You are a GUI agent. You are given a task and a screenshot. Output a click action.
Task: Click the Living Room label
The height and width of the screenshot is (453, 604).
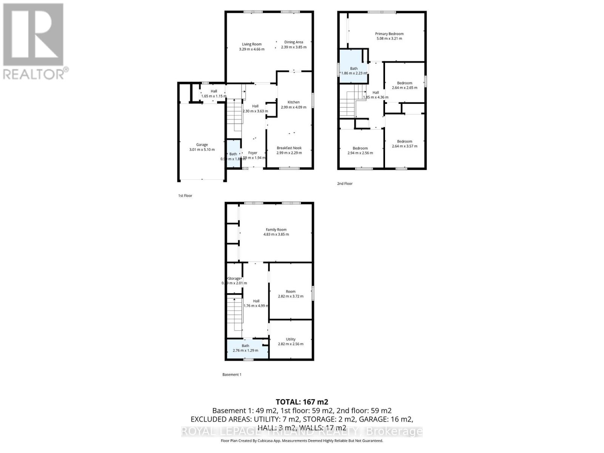pyautogui.click(x=251, y=44)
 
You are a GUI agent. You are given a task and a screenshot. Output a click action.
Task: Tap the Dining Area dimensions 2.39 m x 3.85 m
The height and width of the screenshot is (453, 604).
pyautogui.click(x=294, y=47)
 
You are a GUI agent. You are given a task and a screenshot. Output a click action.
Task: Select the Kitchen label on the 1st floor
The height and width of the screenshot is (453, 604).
pyautogui.click(x=293, y=102)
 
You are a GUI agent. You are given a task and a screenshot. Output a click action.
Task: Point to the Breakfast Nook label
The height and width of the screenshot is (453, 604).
pyautogui.click(x=289, y=148)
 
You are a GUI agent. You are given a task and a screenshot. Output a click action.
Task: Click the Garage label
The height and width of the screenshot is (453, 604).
pyautogui.click(x=202, y=145)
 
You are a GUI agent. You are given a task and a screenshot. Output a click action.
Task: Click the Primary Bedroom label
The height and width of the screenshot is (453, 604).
pyautogui.click(x=389, y=34)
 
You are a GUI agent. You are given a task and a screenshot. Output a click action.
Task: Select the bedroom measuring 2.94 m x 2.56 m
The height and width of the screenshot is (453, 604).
pyautogui.click(x=360, y=151)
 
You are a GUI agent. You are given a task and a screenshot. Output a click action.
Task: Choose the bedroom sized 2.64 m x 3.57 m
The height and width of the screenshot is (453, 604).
pyautogui.click(x=404, y=144)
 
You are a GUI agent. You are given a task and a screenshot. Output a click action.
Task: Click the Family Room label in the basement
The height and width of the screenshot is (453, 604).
pyautogui.click(x=276, y=230)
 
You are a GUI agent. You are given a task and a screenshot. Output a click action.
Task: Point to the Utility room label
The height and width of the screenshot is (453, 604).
pyautogui.click(x=290, y=339)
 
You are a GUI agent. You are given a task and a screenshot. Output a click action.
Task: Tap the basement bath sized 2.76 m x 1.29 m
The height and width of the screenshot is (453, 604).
pyautogui.click(x=245, y=348)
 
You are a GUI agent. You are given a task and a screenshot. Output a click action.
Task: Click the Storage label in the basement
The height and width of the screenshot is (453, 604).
pyautogui.click(x=234, y=278)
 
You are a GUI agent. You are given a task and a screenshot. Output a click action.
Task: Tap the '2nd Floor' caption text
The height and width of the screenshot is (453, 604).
pyautogui.click(x=345, y=183)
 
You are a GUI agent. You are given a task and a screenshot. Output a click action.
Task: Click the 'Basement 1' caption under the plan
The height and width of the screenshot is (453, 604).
pyautogui.click(x=231, y=374)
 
